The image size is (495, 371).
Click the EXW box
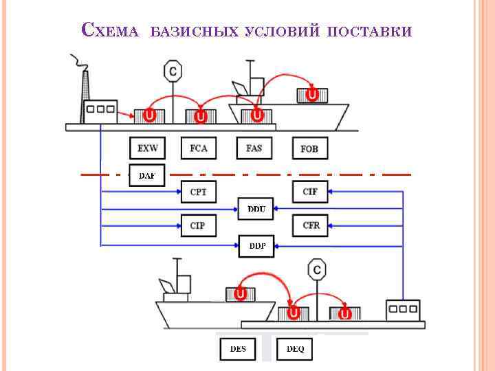pos(148,148)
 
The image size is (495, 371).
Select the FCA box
pos(198,148)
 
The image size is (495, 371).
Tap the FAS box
pos(254,148)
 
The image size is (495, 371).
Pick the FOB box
pos(310,148)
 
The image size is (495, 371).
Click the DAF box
pos(146,176)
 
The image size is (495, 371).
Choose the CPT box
pos(198,192)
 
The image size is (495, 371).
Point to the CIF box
pos(311,192)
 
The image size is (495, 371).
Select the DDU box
pos(256,209)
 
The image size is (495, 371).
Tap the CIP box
pos(198,225)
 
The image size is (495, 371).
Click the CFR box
pos(311,225)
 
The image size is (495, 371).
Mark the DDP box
pos(256,245)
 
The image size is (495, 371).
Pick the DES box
pos(237,349)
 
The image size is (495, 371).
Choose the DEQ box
pos(295,349)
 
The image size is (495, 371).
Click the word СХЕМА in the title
pos(111,31)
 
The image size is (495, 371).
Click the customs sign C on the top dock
pos(173,71)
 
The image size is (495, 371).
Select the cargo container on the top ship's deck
pos(312,94)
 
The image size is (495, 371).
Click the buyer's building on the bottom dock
pos(403,311)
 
